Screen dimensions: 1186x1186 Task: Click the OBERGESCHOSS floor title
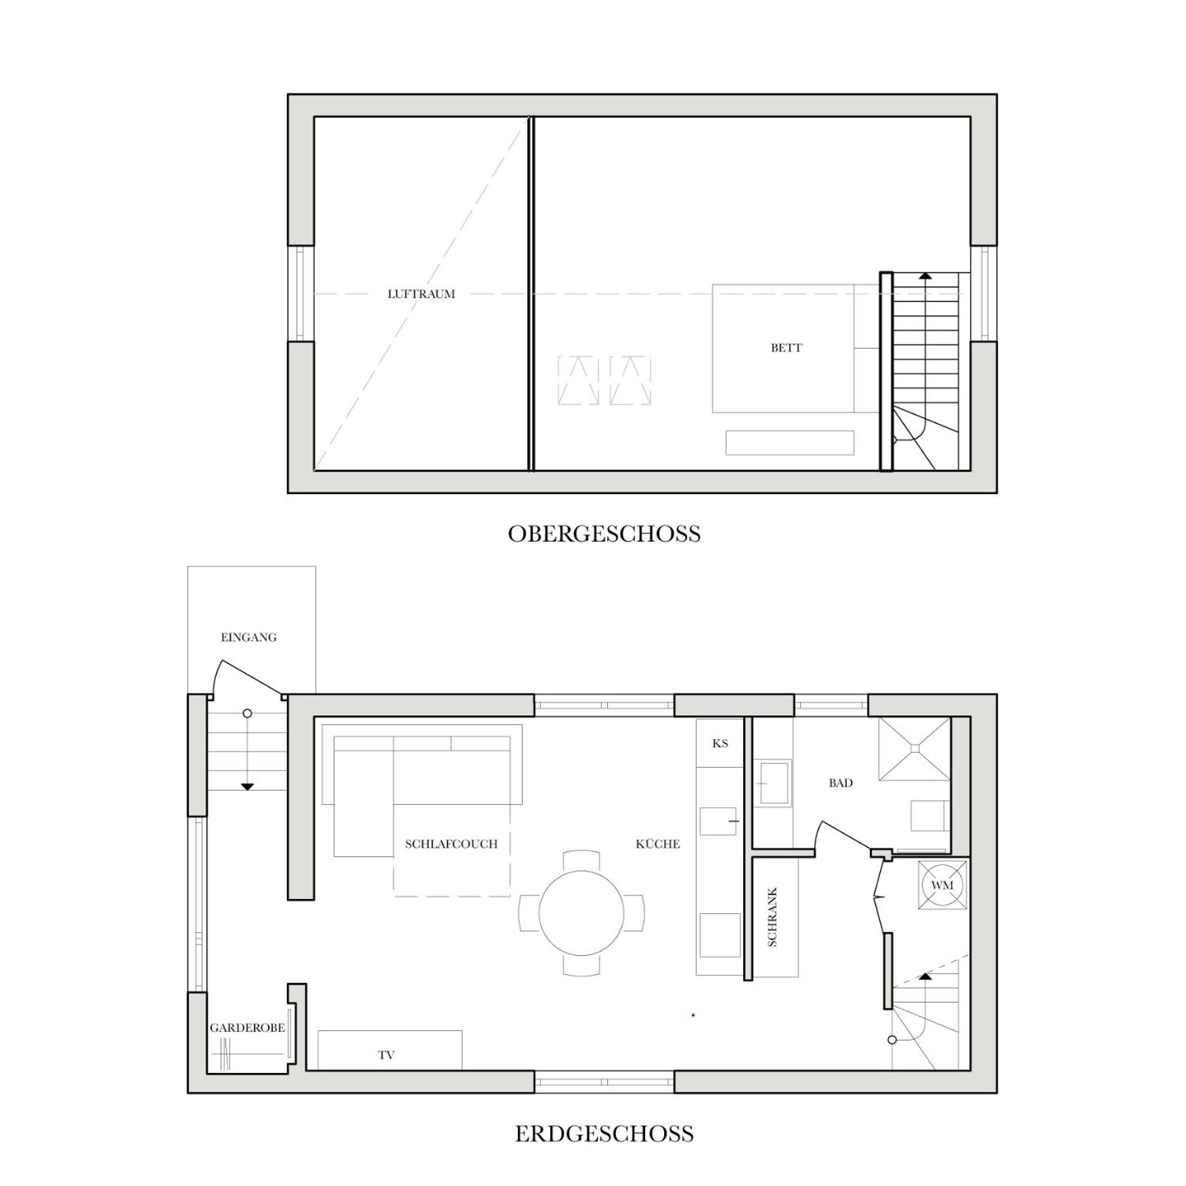pyautogui.click(x=604, y=534)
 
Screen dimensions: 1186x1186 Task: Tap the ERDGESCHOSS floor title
pyautogui.click(x=604, y=1134)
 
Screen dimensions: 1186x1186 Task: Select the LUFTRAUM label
pyautogui.click(x=421, y=294)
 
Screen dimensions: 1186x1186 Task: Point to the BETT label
pyautogui.click(x=786, y=348)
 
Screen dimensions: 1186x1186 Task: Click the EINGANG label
pyautogui.click(x=248, y=637)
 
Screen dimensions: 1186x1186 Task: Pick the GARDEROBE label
pyautogui.click(x=247, y=1028)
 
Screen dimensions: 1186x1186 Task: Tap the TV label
pyautogui.click(x=387, y=1055)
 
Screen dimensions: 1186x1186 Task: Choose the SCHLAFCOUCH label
pyautogui.click(x=451, y=844)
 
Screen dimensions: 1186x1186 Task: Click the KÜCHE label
pyautogui.click(x=657, y=843)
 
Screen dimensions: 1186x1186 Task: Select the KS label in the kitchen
pyautogui.click(x=720, y=743)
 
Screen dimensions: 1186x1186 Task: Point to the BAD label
pyautogui.click(x=841, y=783)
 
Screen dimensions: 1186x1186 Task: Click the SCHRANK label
pyautogui.click(x=772, y=917)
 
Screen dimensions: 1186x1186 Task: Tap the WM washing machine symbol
pyautogui.click(x=942, y=885)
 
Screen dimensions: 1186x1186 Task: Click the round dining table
pyautogui.click(x=581, y=913)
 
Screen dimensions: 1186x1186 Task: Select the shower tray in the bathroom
pyautogui.click(x=915, y=748)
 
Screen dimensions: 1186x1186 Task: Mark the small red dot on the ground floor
pyautogui.click(x=693, y=1015)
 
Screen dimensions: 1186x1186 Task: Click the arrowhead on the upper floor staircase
pyautogui.click(x=925, y=276)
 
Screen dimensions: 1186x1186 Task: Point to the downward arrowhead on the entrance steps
pyautogui.click(x=247, y=787)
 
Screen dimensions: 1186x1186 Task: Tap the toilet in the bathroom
pyautogui.click(x=929, y=816)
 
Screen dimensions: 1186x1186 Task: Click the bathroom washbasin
pyautogui.click(x=772, y=783)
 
